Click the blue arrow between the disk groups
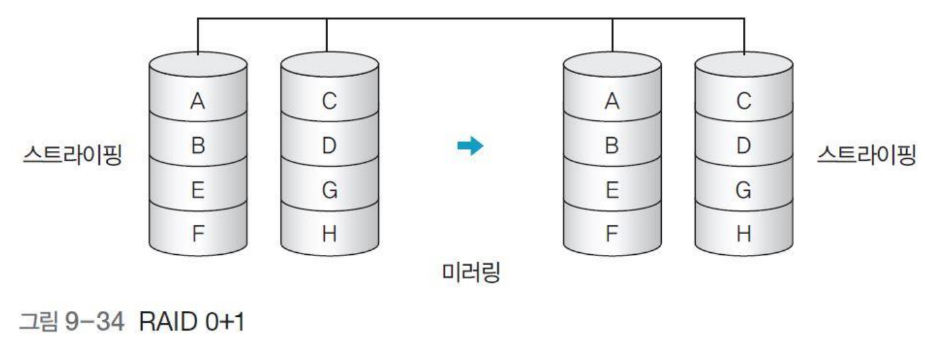470,146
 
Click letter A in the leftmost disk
198,102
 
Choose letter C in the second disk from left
329,102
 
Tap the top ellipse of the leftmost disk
198,65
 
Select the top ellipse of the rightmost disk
743,65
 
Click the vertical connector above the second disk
327,35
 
